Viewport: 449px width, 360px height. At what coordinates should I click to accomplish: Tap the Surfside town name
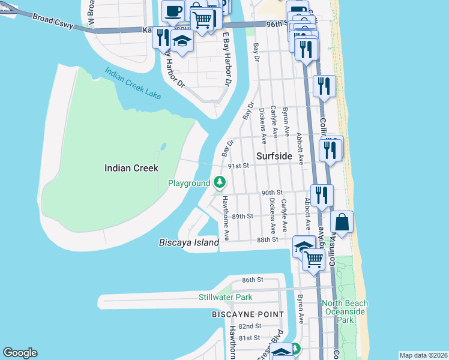tap(274, 156)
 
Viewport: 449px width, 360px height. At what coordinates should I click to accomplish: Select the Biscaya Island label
tap(189, 243)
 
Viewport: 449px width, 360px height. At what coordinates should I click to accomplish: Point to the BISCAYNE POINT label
tap(248, 314)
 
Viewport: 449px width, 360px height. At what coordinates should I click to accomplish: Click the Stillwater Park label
tap(226, 297)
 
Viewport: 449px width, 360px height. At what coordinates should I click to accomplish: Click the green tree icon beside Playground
tap(220, 182)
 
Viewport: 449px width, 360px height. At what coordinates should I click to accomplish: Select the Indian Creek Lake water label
tap(133, 83)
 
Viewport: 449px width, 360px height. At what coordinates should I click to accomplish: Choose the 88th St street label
tap(268, 239)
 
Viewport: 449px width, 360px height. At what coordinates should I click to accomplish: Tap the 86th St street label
tap(253, 280)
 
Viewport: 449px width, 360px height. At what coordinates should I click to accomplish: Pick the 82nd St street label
tap(249, 326)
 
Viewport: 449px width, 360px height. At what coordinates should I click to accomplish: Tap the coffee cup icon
tap(173, 10)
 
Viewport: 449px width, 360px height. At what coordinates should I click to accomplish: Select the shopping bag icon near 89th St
tap(342, 221)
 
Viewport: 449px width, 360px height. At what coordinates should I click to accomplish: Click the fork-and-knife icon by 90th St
tap(322, 194)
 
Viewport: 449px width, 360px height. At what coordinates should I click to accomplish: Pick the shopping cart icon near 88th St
tap(314, 259)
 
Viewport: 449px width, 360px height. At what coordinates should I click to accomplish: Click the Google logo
tap(20, 353)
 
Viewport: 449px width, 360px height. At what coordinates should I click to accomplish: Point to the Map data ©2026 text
tap(423, 355)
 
